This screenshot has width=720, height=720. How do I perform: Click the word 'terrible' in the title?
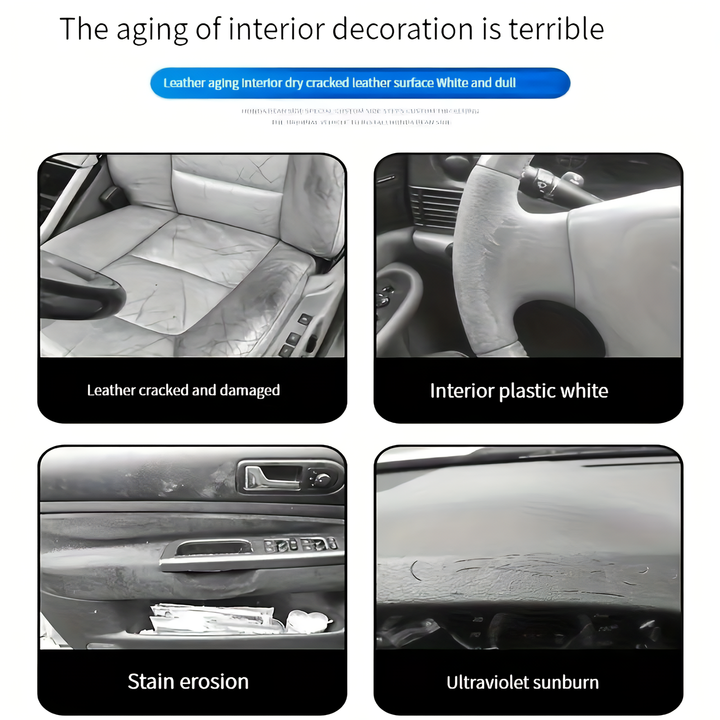point(556,29)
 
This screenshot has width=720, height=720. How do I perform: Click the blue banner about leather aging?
point(360,83)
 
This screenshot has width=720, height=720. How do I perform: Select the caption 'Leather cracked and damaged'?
point(183,390)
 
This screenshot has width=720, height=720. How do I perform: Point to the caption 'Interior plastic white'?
point(519,391)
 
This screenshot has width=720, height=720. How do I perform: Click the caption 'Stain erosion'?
point(188,681)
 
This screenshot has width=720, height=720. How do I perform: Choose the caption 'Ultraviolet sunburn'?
point(522,682)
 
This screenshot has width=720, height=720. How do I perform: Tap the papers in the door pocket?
point(212,619)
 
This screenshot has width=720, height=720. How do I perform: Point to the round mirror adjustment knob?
point(322,479)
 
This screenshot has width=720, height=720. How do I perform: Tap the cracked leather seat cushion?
point(189,279)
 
